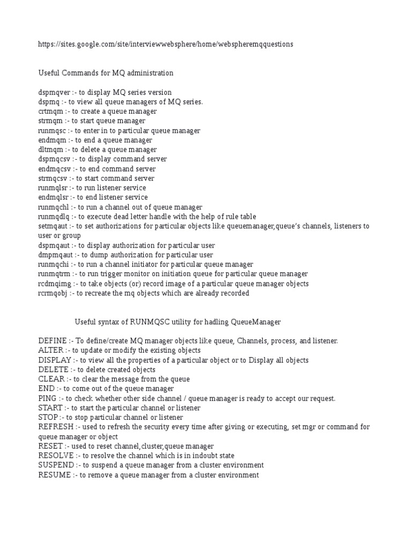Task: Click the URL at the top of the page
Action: coord(166,44)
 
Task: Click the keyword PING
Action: coord(47,398)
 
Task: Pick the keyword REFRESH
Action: coord(56,427)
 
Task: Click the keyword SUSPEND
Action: coord(56,465)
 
